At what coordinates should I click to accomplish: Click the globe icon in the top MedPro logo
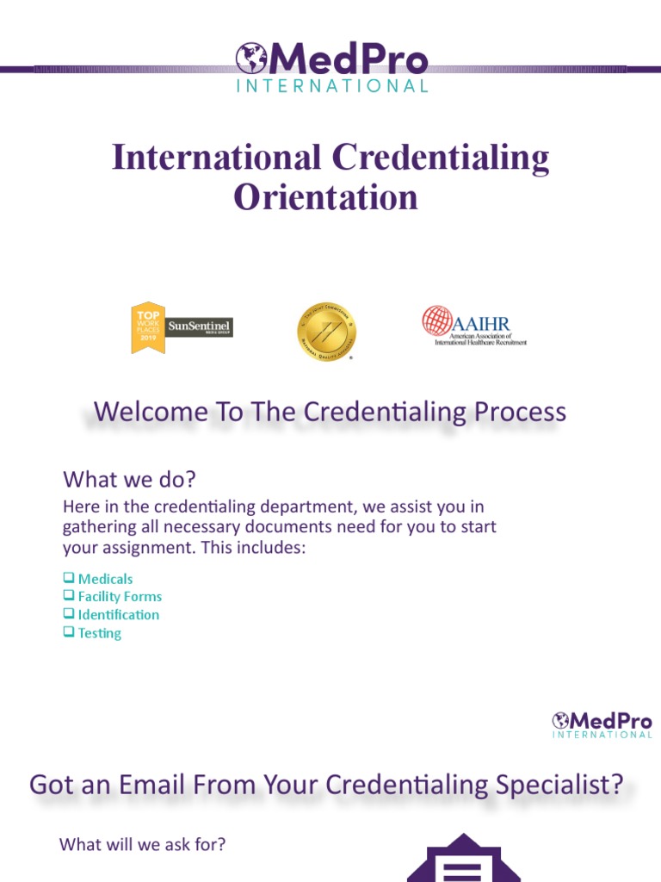[250, 59]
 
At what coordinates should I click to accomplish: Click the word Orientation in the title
[326, 197]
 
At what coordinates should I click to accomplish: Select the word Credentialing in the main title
[441, 158]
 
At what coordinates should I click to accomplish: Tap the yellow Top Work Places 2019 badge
[146, 327]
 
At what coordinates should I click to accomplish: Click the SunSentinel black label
[199, 327]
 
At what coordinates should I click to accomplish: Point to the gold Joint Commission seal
[326, 332]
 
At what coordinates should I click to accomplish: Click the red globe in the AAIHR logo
[436, 320]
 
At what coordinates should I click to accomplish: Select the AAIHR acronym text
[481, 322]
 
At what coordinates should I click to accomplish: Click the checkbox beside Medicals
[69, 579]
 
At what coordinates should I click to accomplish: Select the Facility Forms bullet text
[120, 597]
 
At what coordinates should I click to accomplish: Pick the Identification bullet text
[119, 615]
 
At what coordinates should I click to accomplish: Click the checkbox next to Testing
[69, 633]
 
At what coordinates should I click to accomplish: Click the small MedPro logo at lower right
[602, 724]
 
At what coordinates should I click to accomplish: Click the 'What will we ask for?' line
[143, 845]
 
